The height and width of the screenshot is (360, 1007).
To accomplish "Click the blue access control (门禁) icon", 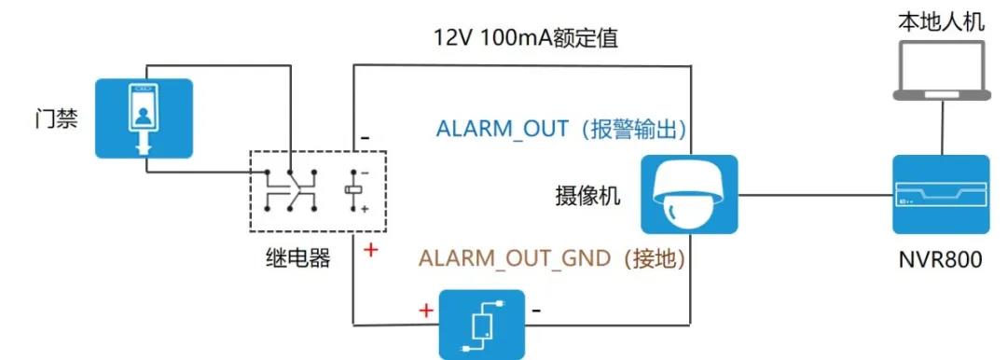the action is click(145, 118).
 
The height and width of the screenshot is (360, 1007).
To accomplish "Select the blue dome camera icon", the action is click(689, 194).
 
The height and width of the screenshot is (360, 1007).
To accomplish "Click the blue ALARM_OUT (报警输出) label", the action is click(567, 129).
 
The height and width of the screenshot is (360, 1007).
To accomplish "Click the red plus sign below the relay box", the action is click(370, 250).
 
